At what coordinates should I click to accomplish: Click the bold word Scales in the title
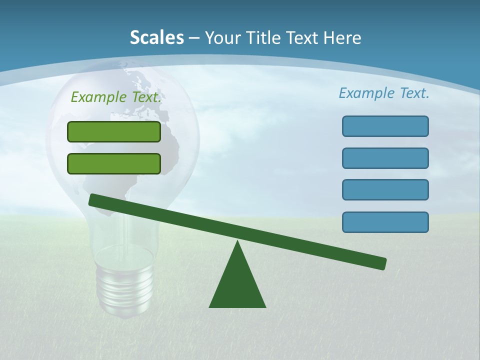[156, 37]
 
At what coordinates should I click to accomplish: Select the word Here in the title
[341, 37]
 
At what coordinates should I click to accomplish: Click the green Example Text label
[116, 97]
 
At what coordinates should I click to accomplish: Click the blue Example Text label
[384, 92]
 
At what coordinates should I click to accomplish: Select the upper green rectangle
[114, 131]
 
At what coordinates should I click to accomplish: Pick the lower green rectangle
[114, 163]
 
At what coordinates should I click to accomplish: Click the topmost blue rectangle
[385, 126]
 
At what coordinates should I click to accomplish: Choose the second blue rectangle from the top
[385, 158]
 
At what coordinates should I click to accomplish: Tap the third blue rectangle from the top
[385, 189]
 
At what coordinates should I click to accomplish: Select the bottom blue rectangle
[385, 222]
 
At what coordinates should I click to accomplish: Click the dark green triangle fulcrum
[237, 285]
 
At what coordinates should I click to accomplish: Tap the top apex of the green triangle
[238, 243]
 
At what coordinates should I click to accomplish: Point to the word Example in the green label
[99, 97]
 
